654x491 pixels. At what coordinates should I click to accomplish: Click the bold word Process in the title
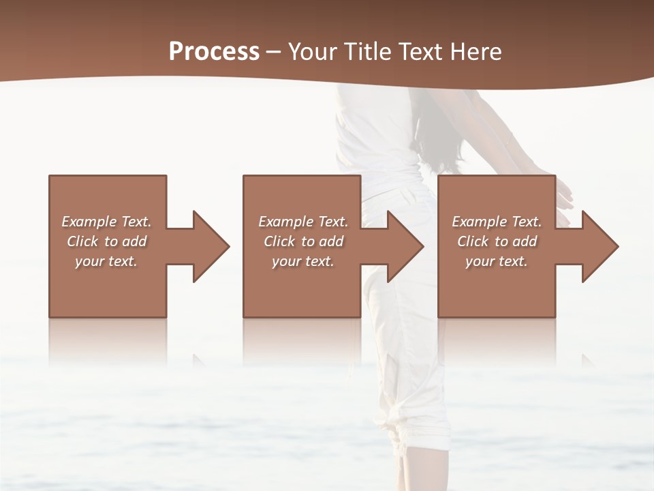214,52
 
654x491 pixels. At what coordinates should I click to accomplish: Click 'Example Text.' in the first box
106,222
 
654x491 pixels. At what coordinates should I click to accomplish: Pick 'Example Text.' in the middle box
303,222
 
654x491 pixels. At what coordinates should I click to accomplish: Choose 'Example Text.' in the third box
497,222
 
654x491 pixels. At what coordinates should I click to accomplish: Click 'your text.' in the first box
106,261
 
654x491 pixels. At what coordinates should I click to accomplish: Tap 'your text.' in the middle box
303,261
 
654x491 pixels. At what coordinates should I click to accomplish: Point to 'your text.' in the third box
497,261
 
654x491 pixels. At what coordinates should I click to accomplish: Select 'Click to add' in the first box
106,241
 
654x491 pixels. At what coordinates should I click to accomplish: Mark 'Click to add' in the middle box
303,241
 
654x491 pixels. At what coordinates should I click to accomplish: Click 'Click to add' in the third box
497,241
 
